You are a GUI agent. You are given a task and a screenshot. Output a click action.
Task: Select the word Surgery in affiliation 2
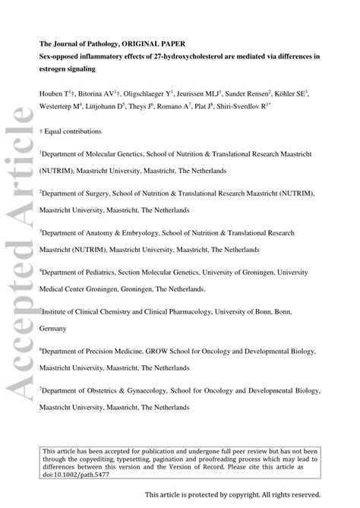click(x=99, y=194)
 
